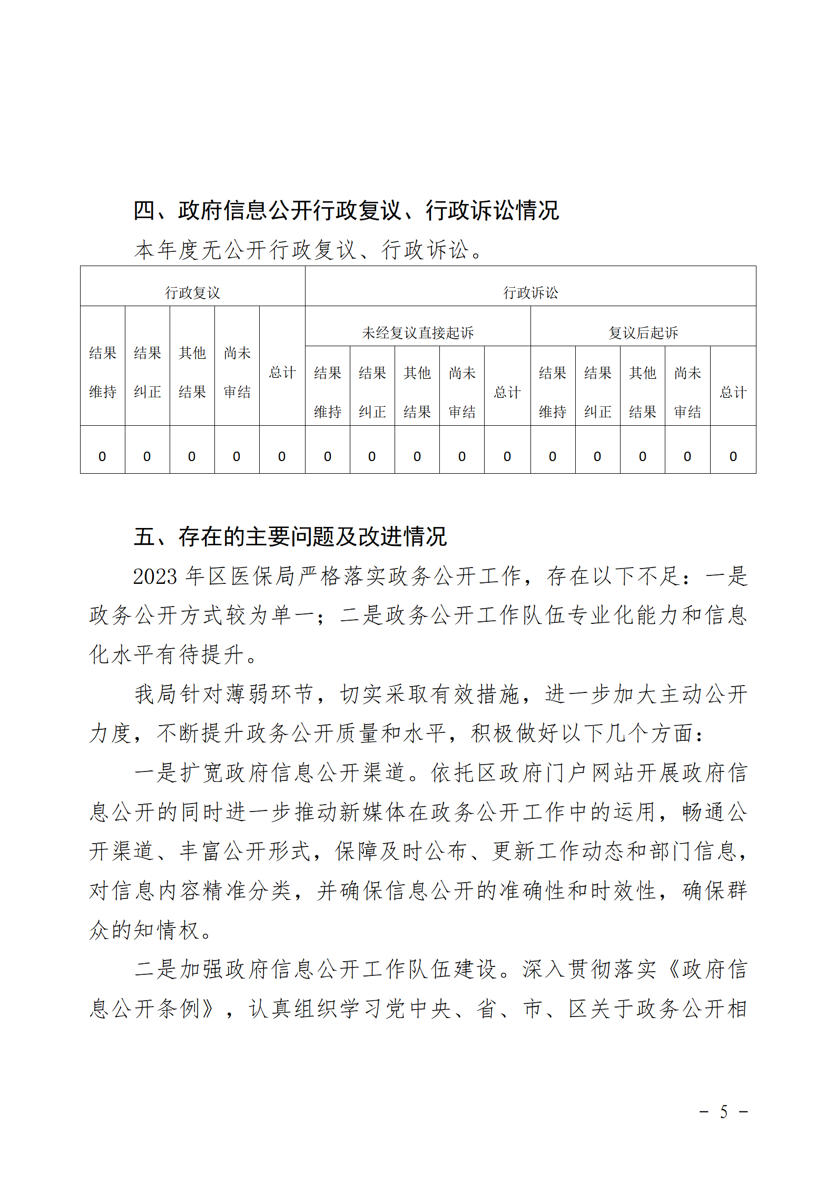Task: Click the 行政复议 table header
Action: tap(192, 292)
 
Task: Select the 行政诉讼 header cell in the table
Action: tap(530, 292)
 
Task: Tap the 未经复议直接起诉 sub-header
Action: tap(417, 333)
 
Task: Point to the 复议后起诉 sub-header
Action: tap(643, 333)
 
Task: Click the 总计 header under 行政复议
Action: tap(282, 373)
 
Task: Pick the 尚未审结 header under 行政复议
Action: tap(237, 372)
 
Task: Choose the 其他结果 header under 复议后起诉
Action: tap(642, 392)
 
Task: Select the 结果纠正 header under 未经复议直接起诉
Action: tap(372, 392)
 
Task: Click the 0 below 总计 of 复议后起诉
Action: tap(733, 456)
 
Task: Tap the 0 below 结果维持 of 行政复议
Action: tap(102, 456)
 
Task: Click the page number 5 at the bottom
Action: tap(724, 1112)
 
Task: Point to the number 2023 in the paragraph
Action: tap(155, 576)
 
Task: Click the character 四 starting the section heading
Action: tap(144, 210)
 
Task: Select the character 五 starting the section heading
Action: tap(144, 537)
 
